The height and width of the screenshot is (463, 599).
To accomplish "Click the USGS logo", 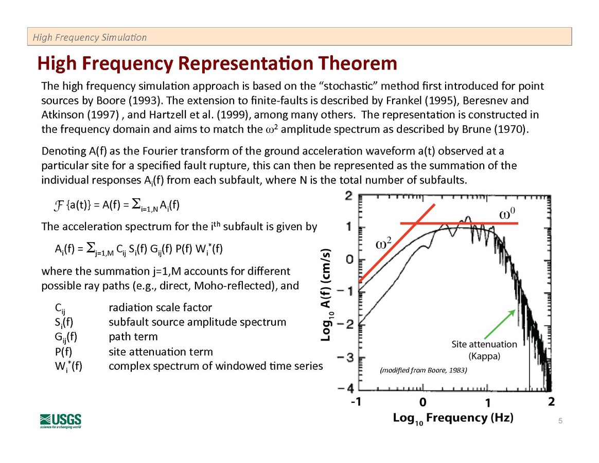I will [x=60, y=420].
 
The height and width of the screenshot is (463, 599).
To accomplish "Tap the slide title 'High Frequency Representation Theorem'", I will [x=217, y=63].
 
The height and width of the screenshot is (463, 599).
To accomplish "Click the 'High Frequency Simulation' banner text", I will [x=90, y=37].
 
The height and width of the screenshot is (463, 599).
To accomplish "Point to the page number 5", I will [x=560, y=422].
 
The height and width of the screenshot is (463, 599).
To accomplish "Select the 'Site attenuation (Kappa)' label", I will [x=484, y=350].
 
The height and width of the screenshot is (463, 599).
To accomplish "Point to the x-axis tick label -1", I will [x=355, y=402].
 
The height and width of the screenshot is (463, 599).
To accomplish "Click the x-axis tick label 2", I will [x=551, y=401].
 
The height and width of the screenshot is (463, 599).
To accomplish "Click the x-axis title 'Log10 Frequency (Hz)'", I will [x=453, y=418].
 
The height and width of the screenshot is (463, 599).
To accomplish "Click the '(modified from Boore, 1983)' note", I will [x=422, y=370].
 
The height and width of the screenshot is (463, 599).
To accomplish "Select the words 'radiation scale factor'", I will [x=160, y=307].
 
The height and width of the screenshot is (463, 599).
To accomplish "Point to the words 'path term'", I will [x=133, y=337].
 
